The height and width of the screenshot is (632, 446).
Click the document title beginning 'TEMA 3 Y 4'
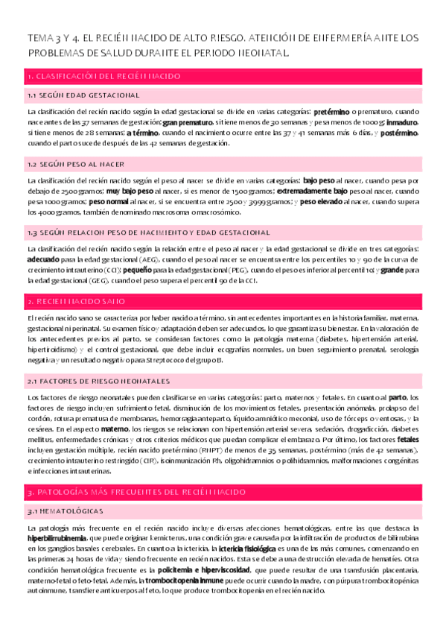223,45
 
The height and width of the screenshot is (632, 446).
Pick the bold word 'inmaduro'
402,121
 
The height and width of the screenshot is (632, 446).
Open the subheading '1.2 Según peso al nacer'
75,163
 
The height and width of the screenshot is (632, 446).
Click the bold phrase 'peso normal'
109,200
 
